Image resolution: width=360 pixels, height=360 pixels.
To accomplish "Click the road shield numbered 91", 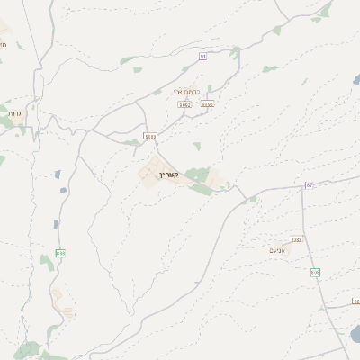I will [203, 57].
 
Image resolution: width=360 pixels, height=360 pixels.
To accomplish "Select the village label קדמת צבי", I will [187, 93].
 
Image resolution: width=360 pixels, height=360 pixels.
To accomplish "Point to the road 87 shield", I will [309, 185].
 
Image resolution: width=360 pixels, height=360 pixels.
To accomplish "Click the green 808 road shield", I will [315, 272].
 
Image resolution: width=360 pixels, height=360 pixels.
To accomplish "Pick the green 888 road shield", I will [60, 254].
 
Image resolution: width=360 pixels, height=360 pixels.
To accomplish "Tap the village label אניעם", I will [277, 250].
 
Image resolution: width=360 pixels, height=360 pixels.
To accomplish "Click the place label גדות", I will [13, 114].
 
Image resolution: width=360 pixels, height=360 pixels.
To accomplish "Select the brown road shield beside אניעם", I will [296, 240].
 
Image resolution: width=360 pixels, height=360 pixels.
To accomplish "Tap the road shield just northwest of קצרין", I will [149, 137].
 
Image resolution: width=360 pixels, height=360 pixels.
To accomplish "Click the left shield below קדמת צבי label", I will [185, 105].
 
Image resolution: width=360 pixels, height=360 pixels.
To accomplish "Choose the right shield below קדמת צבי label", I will [208, 104].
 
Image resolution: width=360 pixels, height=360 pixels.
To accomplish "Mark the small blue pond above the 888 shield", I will [56, 224].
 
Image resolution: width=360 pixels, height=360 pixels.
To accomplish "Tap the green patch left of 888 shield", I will [46, 262].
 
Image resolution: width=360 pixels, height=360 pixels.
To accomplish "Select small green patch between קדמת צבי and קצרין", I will [196, 145].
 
